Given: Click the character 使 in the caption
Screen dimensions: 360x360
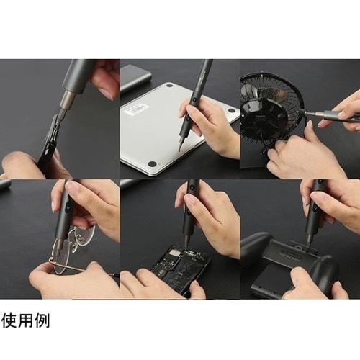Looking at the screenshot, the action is click(9, 321).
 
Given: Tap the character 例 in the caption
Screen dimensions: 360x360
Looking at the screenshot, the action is click(42, 321).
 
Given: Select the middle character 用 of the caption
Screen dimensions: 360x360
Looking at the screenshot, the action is click(25, 321).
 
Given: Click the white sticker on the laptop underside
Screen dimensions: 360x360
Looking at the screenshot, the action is click(136, 109).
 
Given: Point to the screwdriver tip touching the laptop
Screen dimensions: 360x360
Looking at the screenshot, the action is click(179, 149).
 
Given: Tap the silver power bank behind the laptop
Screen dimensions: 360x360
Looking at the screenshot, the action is click(135, 78).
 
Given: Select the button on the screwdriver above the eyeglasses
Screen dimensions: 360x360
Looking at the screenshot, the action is click(66, 207).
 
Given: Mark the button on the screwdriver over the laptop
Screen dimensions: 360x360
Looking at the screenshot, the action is click(194, 99).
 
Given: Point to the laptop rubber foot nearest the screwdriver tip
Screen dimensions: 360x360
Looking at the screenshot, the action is click(152, 164).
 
